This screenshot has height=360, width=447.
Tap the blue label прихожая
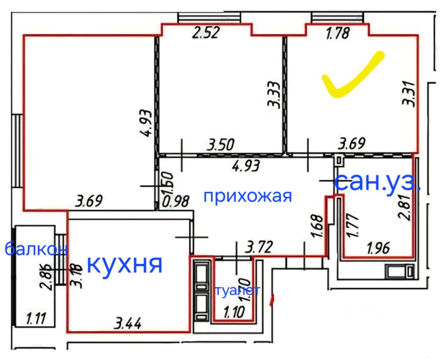(x=247, y=196)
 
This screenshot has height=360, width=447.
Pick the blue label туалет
(x=237, y=290)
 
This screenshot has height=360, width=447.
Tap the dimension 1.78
(x=337, y=34)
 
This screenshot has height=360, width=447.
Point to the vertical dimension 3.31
(x=408, y=94)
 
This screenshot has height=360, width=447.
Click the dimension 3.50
(x=220, y=145)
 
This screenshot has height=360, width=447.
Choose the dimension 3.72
(x=259, y=248)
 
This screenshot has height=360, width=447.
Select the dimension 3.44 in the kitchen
(x=128, y=324)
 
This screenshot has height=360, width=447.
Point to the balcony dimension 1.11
(x=36, y=318)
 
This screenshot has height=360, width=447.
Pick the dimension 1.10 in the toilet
(x=234, y=312)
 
